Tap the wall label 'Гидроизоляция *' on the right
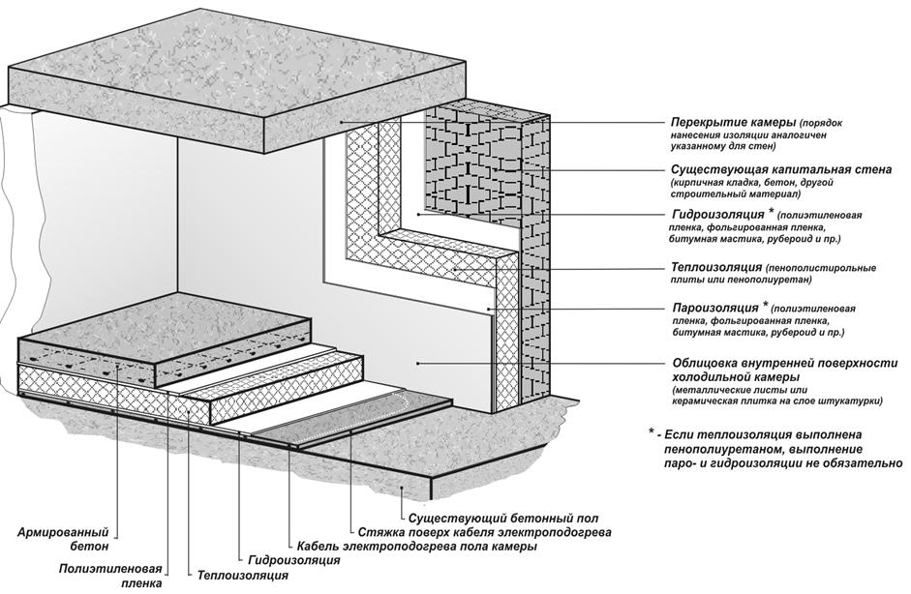(x=723, y=214)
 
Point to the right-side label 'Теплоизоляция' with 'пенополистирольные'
(x=716, y=266)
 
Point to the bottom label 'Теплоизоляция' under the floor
(x=243, y=576)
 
